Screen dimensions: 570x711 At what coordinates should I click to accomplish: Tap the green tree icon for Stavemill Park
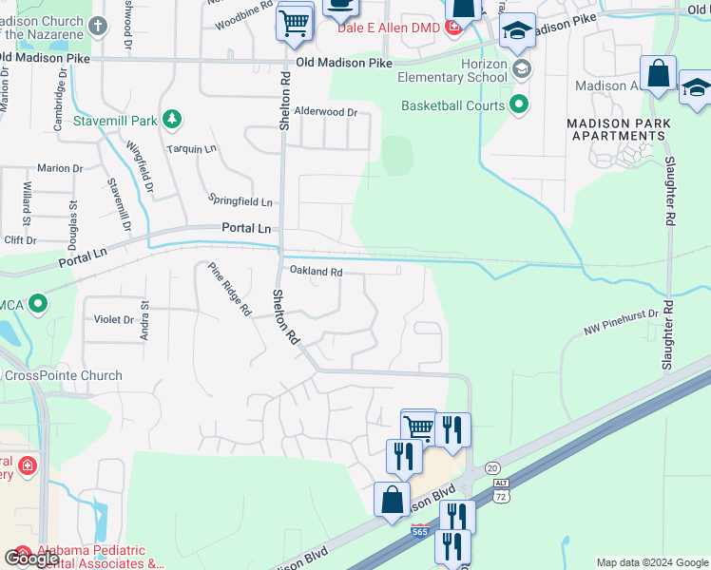pyautogui.click(x=172, y=120)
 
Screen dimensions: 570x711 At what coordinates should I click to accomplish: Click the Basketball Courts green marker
pyautogui.click(x=519, y=104)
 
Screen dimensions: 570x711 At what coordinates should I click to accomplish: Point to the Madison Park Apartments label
pyautogui.click(x=618, y=129)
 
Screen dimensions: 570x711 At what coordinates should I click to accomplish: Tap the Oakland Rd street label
pyautogui.click(x=316, y=272)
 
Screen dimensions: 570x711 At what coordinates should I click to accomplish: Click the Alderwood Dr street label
pyautogui.click(x=325, y=112)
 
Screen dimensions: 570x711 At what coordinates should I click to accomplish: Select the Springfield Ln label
pyautogui.click(x=240, y=201)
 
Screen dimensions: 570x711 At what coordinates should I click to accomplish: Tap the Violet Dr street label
pyautogui.click(x=114, y=319)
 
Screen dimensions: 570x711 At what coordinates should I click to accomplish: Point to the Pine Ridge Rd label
pyautogui.click(x=229, y=289)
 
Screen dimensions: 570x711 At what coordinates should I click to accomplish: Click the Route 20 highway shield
pyautogui.click(x=491, y=467)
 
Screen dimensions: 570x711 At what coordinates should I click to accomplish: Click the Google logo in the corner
pyautogui.click(x=32, y=559)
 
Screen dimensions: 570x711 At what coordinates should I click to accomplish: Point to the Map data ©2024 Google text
pyautogui.click(x=652, y=562)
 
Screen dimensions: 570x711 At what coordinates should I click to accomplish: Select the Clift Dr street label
pyautogui.click(x=20, y=240)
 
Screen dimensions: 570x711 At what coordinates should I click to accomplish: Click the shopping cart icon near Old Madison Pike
pyautogui.click(x=295, y=23)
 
